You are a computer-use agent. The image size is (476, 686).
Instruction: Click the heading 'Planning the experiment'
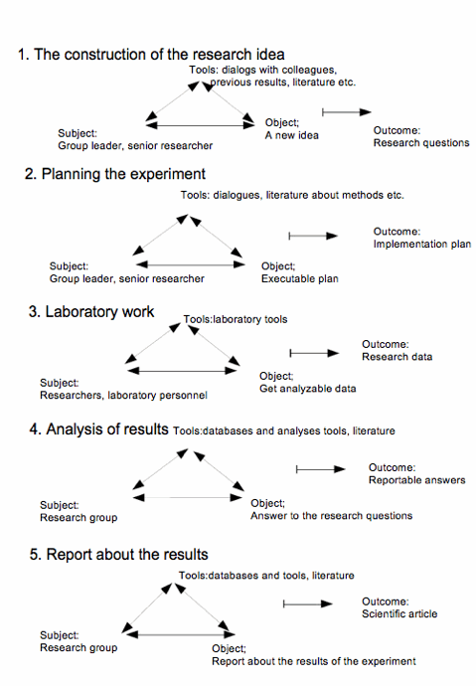point(123,174)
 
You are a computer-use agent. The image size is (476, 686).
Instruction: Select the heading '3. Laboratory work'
point(91,311)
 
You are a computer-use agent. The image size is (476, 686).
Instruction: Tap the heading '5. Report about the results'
point(119,555)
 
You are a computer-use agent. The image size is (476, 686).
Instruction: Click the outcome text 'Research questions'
point(421,143)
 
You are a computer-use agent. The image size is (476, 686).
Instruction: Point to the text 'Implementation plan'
point(422,245)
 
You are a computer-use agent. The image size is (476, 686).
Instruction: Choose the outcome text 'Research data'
point(397,357)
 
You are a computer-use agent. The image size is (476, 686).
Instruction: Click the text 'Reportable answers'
point(417,480)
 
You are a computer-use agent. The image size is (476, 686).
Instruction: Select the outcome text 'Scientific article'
point(399,613)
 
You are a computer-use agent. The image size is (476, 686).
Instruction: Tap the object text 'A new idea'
point(291,135)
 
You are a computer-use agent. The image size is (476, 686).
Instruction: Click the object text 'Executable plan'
point(300,278)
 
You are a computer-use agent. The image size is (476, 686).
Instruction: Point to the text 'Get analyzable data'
point(308,389)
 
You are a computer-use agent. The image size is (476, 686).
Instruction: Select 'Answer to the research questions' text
point(331,516)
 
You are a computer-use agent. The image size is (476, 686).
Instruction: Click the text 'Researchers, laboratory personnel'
point(123,396)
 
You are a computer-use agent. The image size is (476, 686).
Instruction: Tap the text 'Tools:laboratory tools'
point(236,319)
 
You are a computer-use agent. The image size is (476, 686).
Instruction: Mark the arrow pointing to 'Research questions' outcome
point(347,112)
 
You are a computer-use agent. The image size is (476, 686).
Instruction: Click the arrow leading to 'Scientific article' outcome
point(308,603)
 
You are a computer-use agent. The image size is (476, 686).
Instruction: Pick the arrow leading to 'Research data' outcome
point(315,353)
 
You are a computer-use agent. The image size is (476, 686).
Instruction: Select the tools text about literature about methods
point(292,195)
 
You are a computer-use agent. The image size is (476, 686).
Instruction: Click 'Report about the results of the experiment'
point(314,661)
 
